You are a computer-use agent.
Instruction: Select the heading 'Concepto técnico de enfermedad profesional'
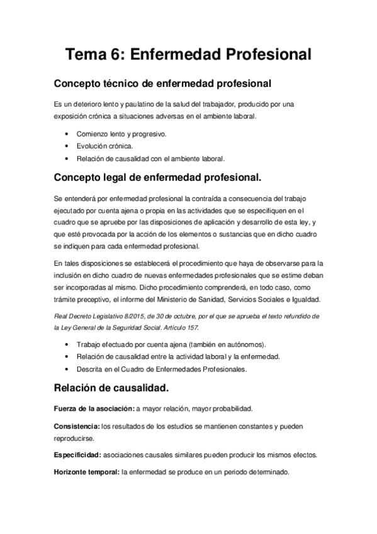click(162, 83)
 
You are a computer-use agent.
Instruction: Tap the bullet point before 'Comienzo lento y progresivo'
click(67, 134)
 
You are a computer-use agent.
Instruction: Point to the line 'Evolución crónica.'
click(104, 146)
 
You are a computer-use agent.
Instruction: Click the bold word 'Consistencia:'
click(77, 427)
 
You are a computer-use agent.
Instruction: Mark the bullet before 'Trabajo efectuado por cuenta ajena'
click(67, 344)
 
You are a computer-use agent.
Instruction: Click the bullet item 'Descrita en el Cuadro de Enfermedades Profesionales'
click(161, 368)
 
